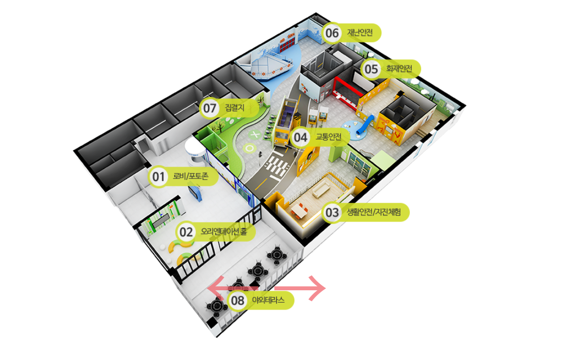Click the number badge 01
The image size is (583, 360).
coord(158,177)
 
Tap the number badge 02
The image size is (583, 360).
coord(186,232)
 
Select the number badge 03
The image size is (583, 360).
coord(332,213)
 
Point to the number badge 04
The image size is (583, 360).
coord(300,137)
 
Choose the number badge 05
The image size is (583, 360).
coord(371,69)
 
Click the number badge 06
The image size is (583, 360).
coord(332,33)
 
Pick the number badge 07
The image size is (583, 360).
coord(210,108)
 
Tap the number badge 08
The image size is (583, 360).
coord(238,300)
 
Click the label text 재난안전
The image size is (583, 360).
coord(360,33)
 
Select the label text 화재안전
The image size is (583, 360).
coord(399,69)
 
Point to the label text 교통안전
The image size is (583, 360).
coord(328,136)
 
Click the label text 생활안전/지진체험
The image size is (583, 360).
coord(374,212)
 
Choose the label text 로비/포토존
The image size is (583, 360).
coord(191,176)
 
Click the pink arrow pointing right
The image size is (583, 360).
coord(300,288)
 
